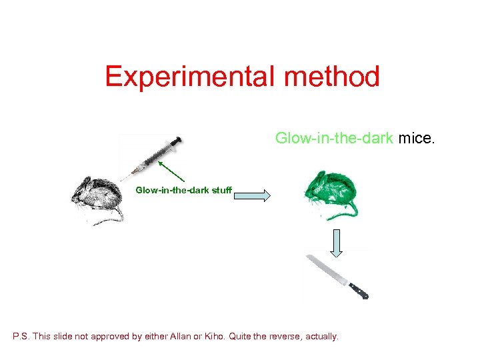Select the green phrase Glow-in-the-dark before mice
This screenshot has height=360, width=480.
point(335,138)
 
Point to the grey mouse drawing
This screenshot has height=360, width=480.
point(97,197)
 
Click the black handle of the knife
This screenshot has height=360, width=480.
point(358,290)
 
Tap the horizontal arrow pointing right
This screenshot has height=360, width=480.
point(252,196)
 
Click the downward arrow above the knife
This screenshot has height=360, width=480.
point(337,242)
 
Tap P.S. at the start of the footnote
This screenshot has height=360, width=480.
point(21,337)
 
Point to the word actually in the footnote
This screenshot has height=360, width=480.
point(321,337)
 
